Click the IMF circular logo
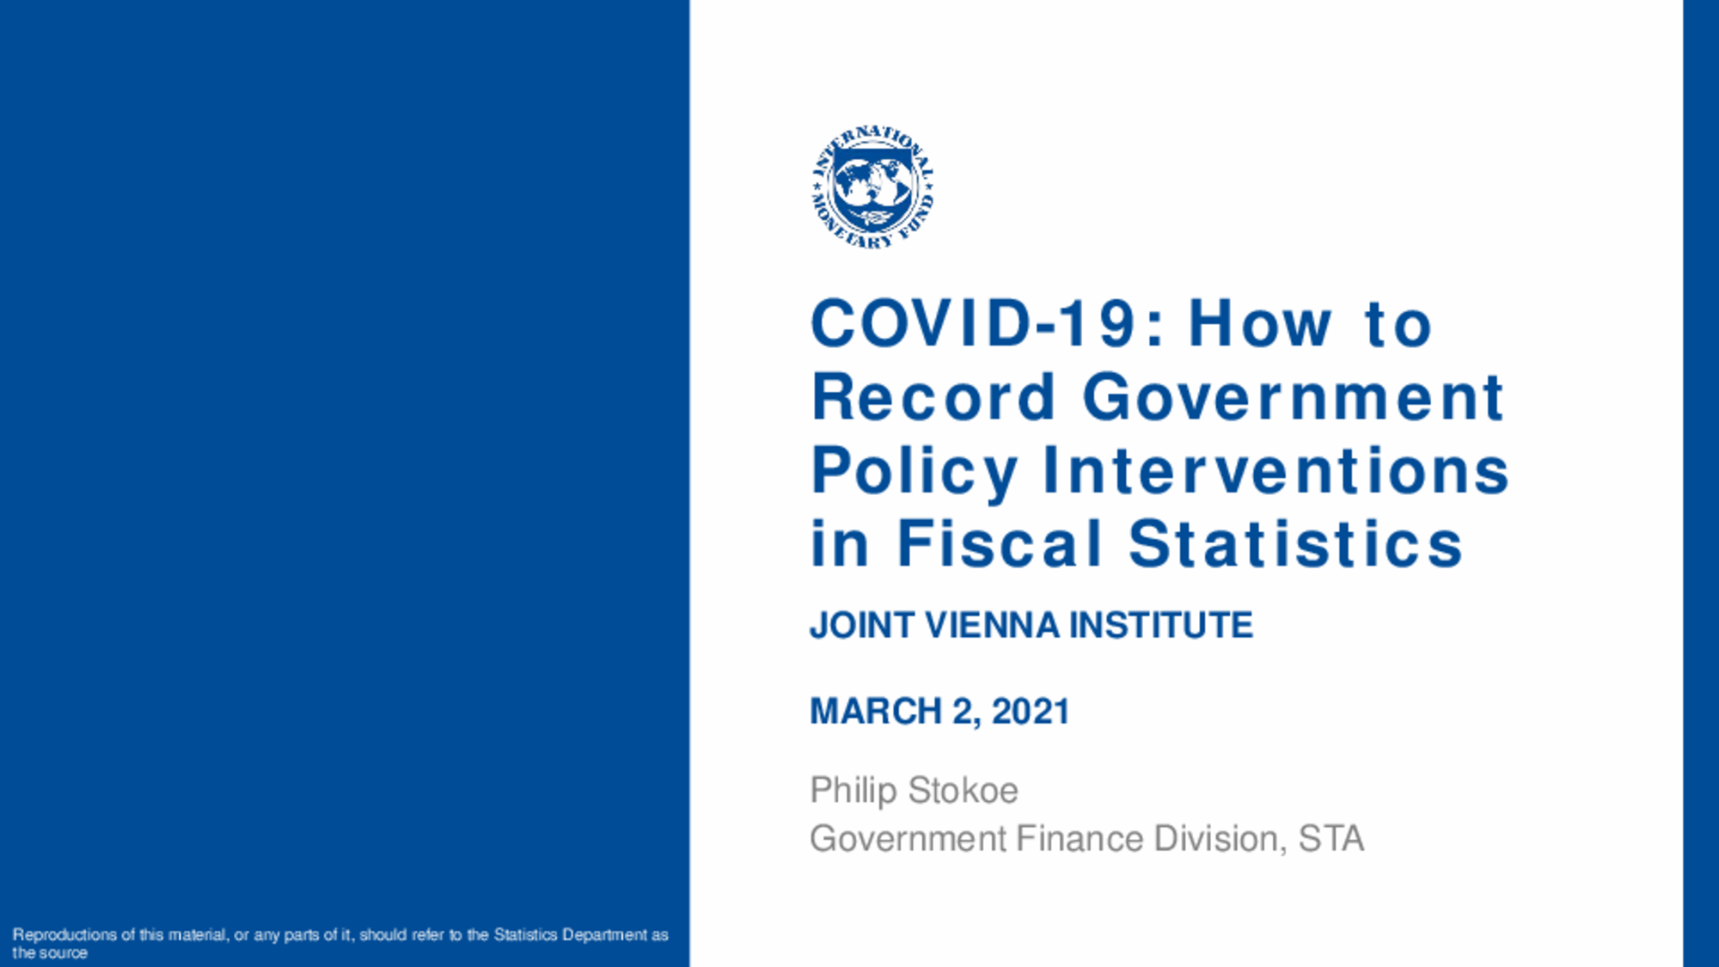coord(872,187)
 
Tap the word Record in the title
coord(933,397)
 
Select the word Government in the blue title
coord(1293,397)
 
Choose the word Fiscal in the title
coord(1000,543)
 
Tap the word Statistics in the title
coord(1295,543)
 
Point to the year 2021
coord(1031,712)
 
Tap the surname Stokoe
coord(963,791)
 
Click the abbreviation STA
coord(1331,839)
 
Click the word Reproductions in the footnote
coord(64,935)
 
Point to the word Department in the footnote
coord(604,935)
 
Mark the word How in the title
coord(1260,324)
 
